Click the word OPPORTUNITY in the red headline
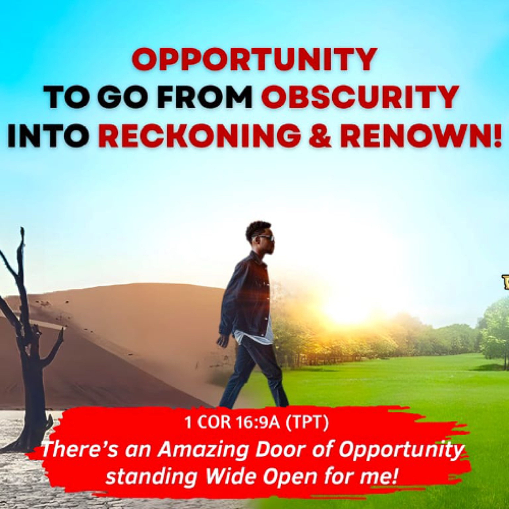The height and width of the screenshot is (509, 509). tap(254, 60)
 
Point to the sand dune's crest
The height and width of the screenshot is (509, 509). tap(126, 286)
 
